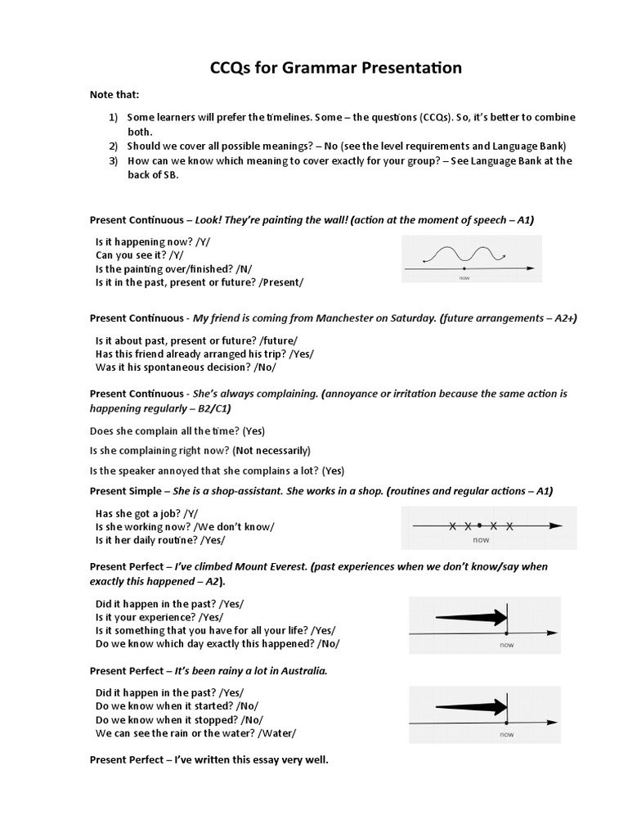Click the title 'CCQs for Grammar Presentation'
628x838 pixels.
point(335,67)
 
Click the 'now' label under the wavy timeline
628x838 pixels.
point(464,278)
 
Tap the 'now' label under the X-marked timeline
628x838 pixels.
point(481,540)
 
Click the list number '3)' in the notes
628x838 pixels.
point(114,160)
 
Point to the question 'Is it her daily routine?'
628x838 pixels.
point(146,540)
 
